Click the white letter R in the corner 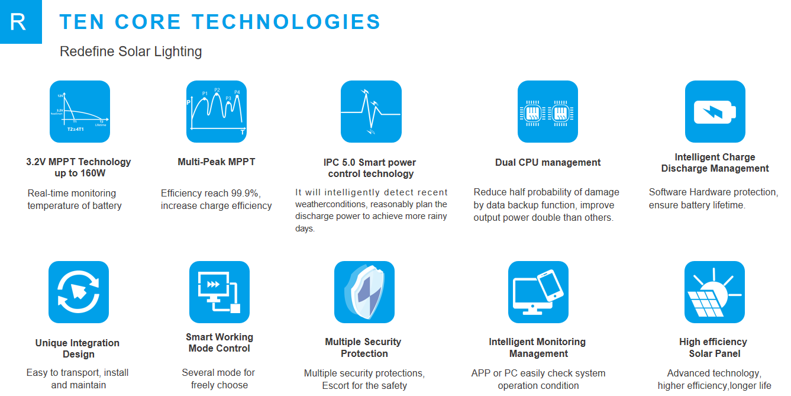pos(18,22)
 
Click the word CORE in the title pos(148,22)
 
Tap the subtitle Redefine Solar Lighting pos(131,51)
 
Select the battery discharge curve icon pos(80,111)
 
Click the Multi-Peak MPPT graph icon pos(216,111)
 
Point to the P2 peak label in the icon pos(217,91)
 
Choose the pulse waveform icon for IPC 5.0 pos(371,111)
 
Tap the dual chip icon pos(547,111)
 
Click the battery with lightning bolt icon pos(715,111)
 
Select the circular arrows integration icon pos(79,291)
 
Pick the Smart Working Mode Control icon pos(219,291)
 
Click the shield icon pos(364,291)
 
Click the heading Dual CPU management pos(548,162)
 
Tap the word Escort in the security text pos(337,385)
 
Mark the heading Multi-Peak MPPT pos(217,162)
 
